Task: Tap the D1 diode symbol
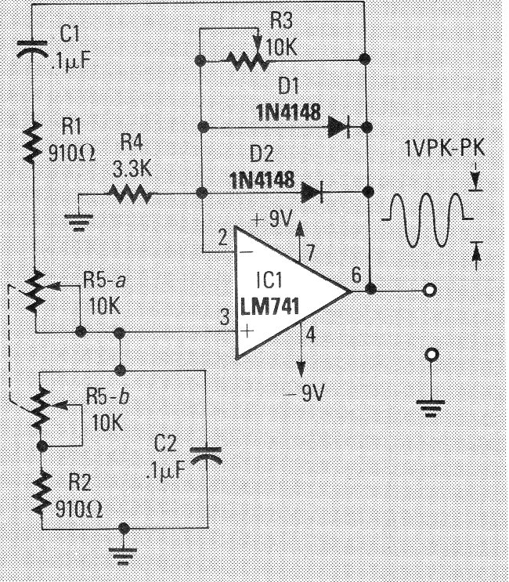pyautogui.click(x=338, y=126)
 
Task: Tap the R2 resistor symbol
pyautogui.click(x=38, y=490)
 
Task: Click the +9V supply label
pyautogui.click(x=271, y=220)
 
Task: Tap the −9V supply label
pyautogui.click(x=308, y=393)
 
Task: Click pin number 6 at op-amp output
pyautogui.click(x=356, y=275)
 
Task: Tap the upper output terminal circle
pyautogui.click(x=428, y=291)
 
